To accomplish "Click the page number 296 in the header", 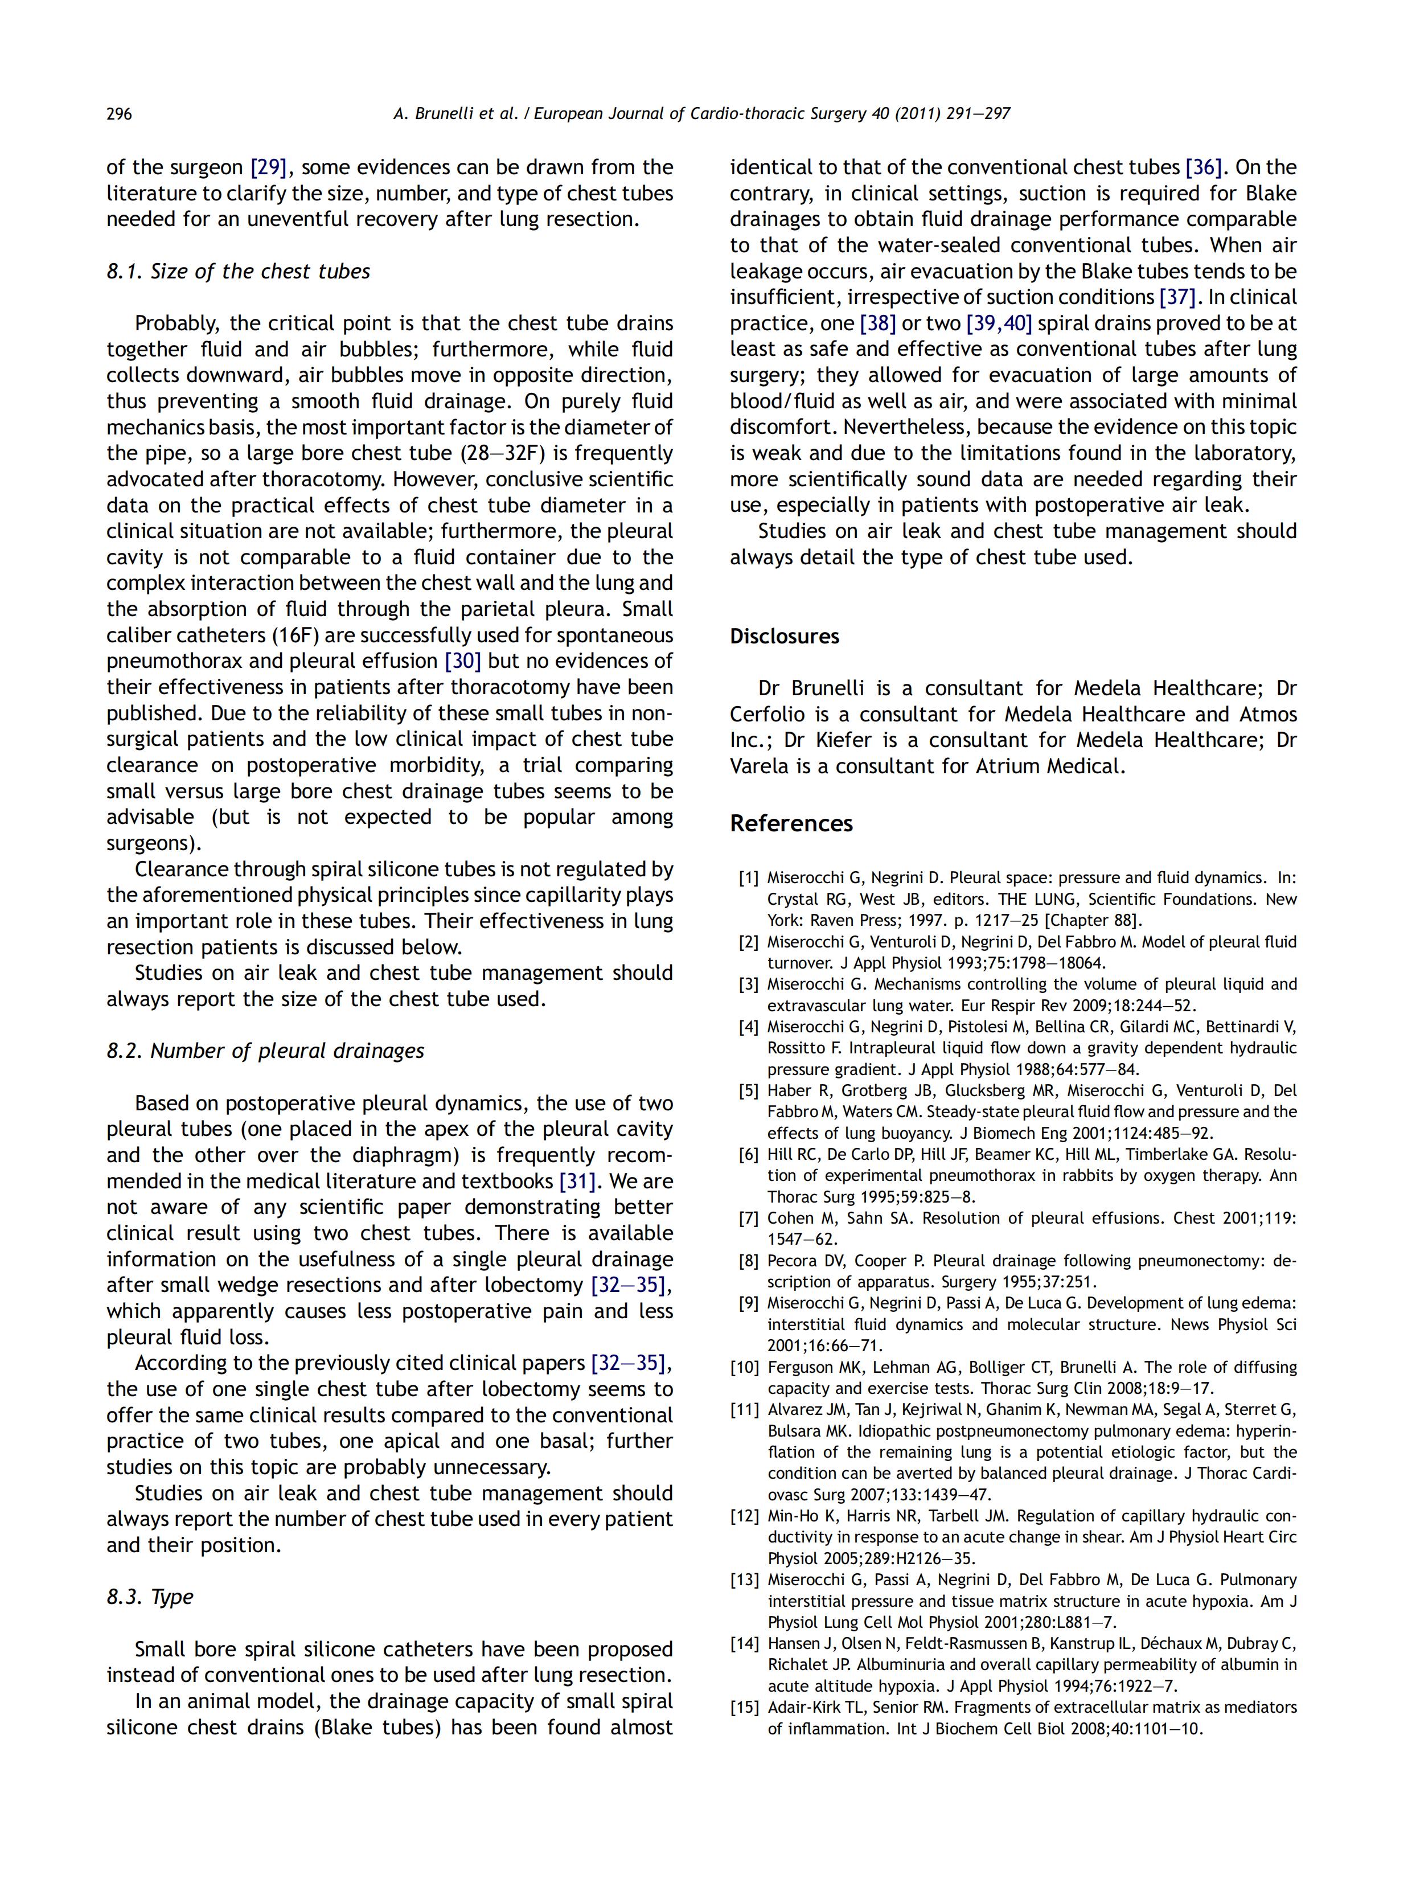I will coord(119,114).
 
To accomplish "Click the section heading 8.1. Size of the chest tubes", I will coord(239,272).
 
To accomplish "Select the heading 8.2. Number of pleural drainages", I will coord(265,1051).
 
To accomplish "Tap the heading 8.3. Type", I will coord(150,1597).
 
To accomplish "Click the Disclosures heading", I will coord(784,637).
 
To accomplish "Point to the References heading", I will coord(791,823).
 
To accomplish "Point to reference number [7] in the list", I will coord(748,1218).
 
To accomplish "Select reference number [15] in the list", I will coord(745,1708).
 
